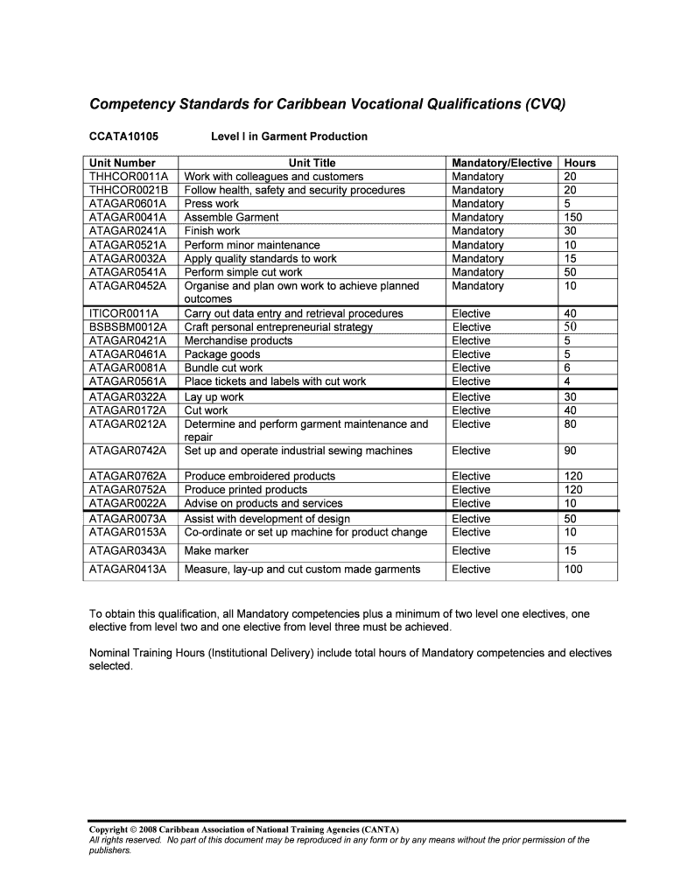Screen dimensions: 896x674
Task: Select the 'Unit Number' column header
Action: point(123,163)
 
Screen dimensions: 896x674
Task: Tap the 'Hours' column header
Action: point(579,163)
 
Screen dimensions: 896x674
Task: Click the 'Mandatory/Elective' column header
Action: point(502,163)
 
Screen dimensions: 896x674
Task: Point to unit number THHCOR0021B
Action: point(129,190)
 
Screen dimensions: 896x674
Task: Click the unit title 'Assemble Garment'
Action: point(232,217)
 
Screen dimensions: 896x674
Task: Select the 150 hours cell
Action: point(573,217)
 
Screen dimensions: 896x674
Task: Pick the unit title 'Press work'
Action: point(211,204)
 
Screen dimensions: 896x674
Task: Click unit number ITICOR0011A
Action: point(124,313)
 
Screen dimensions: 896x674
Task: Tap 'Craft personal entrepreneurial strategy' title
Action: point(278,327)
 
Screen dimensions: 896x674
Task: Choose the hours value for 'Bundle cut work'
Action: point(568,368)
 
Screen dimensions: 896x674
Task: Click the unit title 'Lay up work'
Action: point(214,397)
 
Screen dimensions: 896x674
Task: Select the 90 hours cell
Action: point(571,451)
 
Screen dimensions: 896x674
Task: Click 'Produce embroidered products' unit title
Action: point(260,476)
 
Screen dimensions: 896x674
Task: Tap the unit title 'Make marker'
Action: point(216,551)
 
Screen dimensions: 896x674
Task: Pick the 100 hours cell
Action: point(573,570)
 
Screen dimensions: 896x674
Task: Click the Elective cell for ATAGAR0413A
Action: point(471,570)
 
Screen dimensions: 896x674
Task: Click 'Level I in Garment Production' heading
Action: point(289,136)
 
